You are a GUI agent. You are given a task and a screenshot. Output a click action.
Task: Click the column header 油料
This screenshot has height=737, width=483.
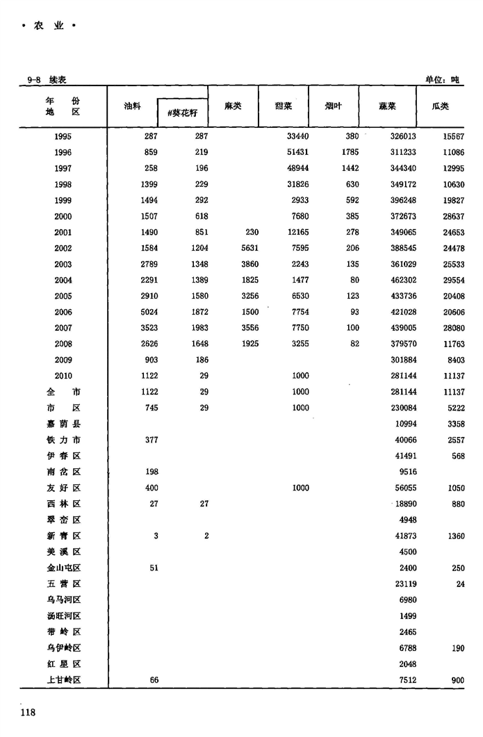click(132, 106)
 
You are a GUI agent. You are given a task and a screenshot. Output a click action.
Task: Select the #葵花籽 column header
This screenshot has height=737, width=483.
click(183, 111)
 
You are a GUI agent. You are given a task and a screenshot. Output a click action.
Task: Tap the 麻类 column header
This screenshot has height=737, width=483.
click(233, 106)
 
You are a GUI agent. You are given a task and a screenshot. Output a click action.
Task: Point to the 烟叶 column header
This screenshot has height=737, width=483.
click(334, 106)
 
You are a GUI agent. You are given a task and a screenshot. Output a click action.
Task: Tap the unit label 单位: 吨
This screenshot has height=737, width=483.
click(443, 80)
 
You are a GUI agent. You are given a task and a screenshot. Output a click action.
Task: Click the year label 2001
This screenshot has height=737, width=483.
click(63, 233)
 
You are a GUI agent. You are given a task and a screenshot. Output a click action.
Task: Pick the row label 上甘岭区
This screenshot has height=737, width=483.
click(63, 681)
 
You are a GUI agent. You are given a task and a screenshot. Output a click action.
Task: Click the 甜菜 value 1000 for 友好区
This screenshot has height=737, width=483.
click(300, 488)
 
